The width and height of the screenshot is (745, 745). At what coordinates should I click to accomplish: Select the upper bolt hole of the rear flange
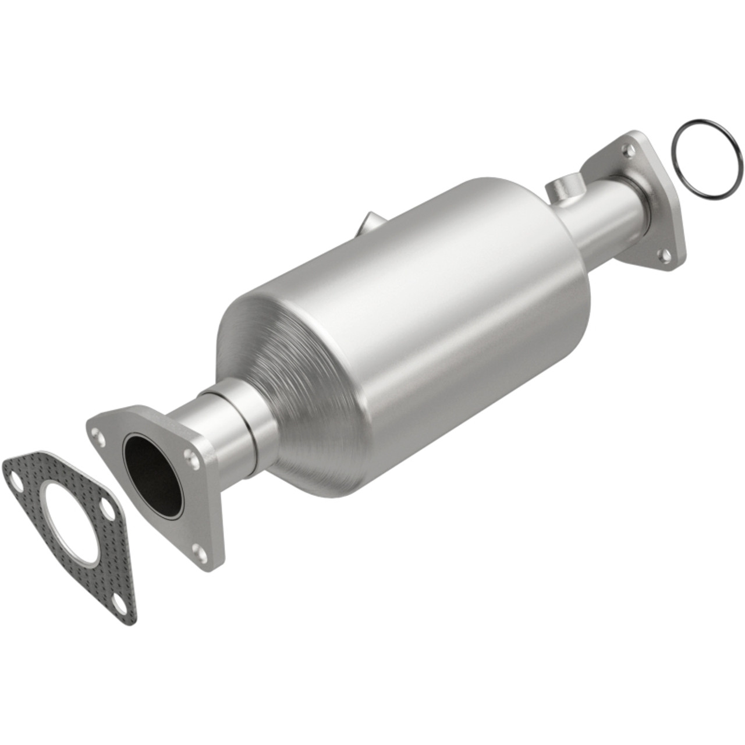pyautogui.click(x=627, y=150)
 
